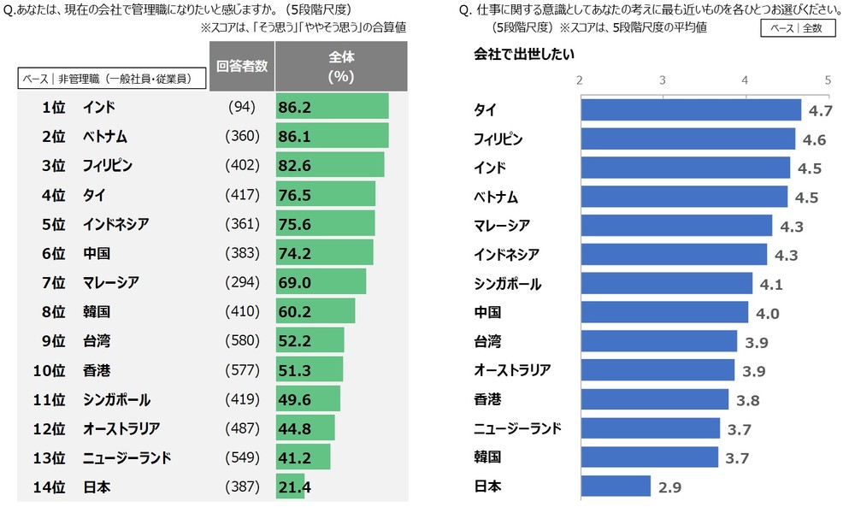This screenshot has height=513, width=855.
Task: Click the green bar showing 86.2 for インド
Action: (332, 107)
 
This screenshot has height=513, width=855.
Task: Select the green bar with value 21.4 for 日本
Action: (290, 487)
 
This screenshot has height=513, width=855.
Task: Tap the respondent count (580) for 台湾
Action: (242, 341)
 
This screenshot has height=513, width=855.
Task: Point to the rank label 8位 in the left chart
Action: (52, 312)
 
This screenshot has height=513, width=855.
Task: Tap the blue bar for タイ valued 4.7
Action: (690, 110)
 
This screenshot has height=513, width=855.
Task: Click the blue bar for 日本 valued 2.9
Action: (616, 486)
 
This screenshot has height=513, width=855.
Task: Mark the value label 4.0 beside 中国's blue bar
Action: (767, 313)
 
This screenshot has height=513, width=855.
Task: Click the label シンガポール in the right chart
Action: (507, 284)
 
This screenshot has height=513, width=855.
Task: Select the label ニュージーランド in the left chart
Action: (127, 458)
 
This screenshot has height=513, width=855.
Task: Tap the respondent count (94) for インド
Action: (242, 107)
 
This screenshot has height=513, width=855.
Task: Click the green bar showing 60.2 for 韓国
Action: (315, 312)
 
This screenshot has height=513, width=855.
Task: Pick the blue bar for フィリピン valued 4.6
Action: (687, 139)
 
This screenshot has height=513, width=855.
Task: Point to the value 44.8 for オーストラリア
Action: (297, 428)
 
